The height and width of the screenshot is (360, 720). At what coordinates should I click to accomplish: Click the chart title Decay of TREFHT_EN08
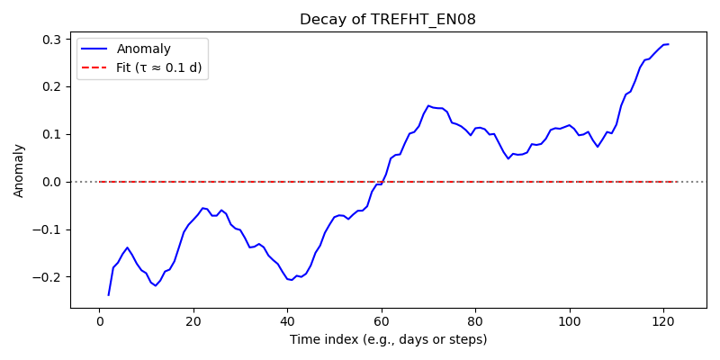point(388,20)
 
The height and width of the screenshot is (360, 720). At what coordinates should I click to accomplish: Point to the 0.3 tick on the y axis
point(54,40)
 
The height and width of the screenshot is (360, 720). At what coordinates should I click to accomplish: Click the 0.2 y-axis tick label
point(54,86)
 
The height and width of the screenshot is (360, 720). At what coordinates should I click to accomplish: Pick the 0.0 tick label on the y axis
point(54,182)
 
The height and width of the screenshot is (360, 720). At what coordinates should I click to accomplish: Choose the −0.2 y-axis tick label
point(51,277)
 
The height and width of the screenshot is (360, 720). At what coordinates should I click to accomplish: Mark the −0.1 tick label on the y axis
point(51,229)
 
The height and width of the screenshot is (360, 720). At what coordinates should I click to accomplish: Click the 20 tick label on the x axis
point(193,320)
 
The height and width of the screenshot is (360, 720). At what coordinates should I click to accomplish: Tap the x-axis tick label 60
point(382,320)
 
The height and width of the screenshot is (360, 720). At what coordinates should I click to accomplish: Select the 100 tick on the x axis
point(570,320)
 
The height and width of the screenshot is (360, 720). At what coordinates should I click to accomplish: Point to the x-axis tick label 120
point(663,320)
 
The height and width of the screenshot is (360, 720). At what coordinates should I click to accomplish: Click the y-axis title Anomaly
point(18,171)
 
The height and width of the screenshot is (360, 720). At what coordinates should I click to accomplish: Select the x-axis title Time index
point(388,340)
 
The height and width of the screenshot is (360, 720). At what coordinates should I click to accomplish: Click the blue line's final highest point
point(668,44)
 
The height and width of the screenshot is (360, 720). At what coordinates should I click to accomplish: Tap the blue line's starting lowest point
point(108,295)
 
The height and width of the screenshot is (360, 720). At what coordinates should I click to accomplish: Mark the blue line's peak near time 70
point(428,105)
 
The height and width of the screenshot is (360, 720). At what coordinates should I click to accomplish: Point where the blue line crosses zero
point(382,182)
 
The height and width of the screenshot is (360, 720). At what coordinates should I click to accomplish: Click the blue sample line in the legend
point(94,49)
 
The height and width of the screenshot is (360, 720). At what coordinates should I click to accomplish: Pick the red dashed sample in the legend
point(94,68)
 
